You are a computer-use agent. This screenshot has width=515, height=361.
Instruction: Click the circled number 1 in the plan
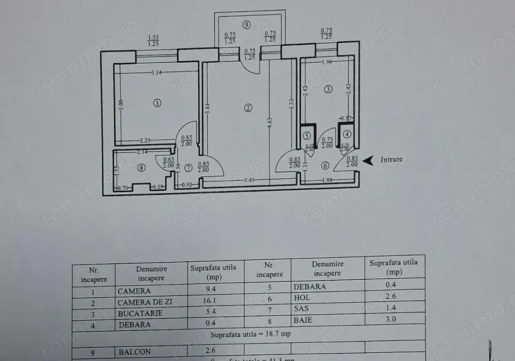(157, 103)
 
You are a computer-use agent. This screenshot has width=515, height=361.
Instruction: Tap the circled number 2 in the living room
(248, 108)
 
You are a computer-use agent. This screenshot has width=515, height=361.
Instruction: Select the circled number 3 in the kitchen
(328, 89)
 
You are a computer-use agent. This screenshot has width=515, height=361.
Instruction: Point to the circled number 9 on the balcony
(247, 24)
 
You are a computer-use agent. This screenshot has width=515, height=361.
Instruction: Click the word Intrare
(391, 159)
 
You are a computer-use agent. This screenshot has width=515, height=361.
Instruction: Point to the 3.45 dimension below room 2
(249, 180)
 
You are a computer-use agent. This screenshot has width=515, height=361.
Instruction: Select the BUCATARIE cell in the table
(140, 313)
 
